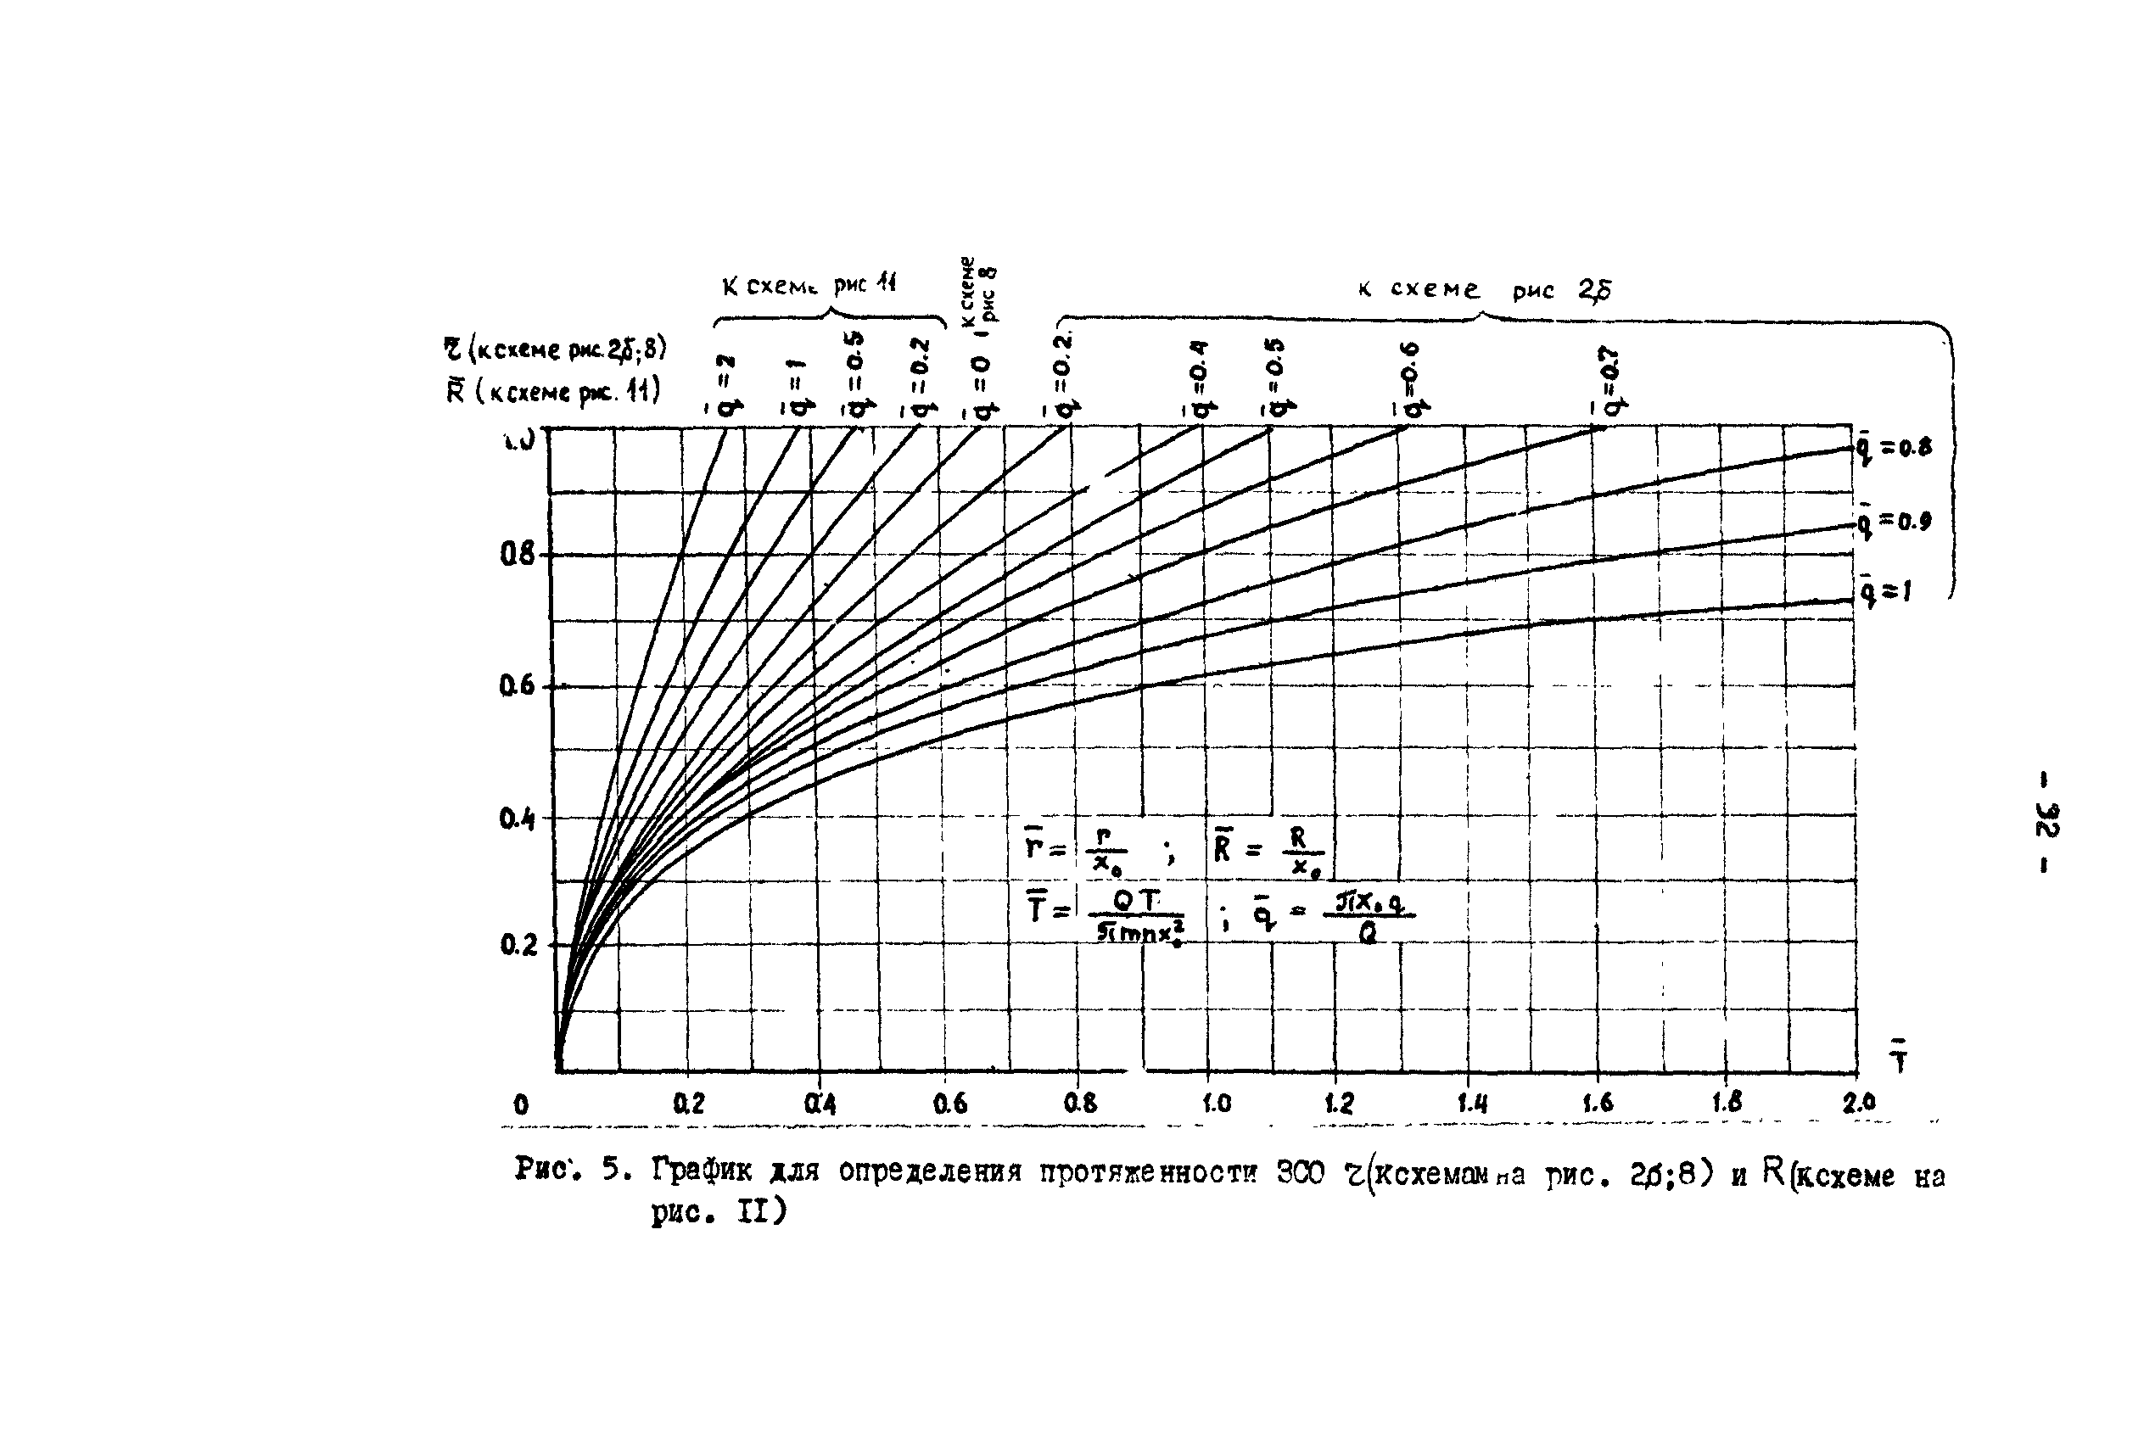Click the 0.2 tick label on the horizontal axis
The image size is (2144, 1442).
coord(688,1103)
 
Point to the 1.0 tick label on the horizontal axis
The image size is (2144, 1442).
coord(1216,1102)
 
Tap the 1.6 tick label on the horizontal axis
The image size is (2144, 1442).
coord(1598,1102)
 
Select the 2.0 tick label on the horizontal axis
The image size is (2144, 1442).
coord(1858,1102)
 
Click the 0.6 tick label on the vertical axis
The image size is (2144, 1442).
coord(516,686)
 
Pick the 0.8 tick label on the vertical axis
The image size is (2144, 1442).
coord(516,555)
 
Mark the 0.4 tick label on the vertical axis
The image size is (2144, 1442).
coord(517,818)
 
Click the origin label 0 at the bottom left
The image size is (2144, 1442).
coord(521,1104)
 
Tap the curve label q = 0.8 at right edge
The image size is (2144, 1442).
coord(1893,449)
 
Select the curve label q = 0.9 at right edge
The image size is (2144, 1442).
coord(1893,523)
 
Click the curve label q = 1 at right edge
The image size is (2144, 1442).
coord(1884,591)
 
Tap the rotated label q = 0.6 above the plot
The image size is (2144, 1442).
coord(1413,379)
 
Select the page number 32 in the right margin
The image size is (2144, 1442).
coord(2047,819)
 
